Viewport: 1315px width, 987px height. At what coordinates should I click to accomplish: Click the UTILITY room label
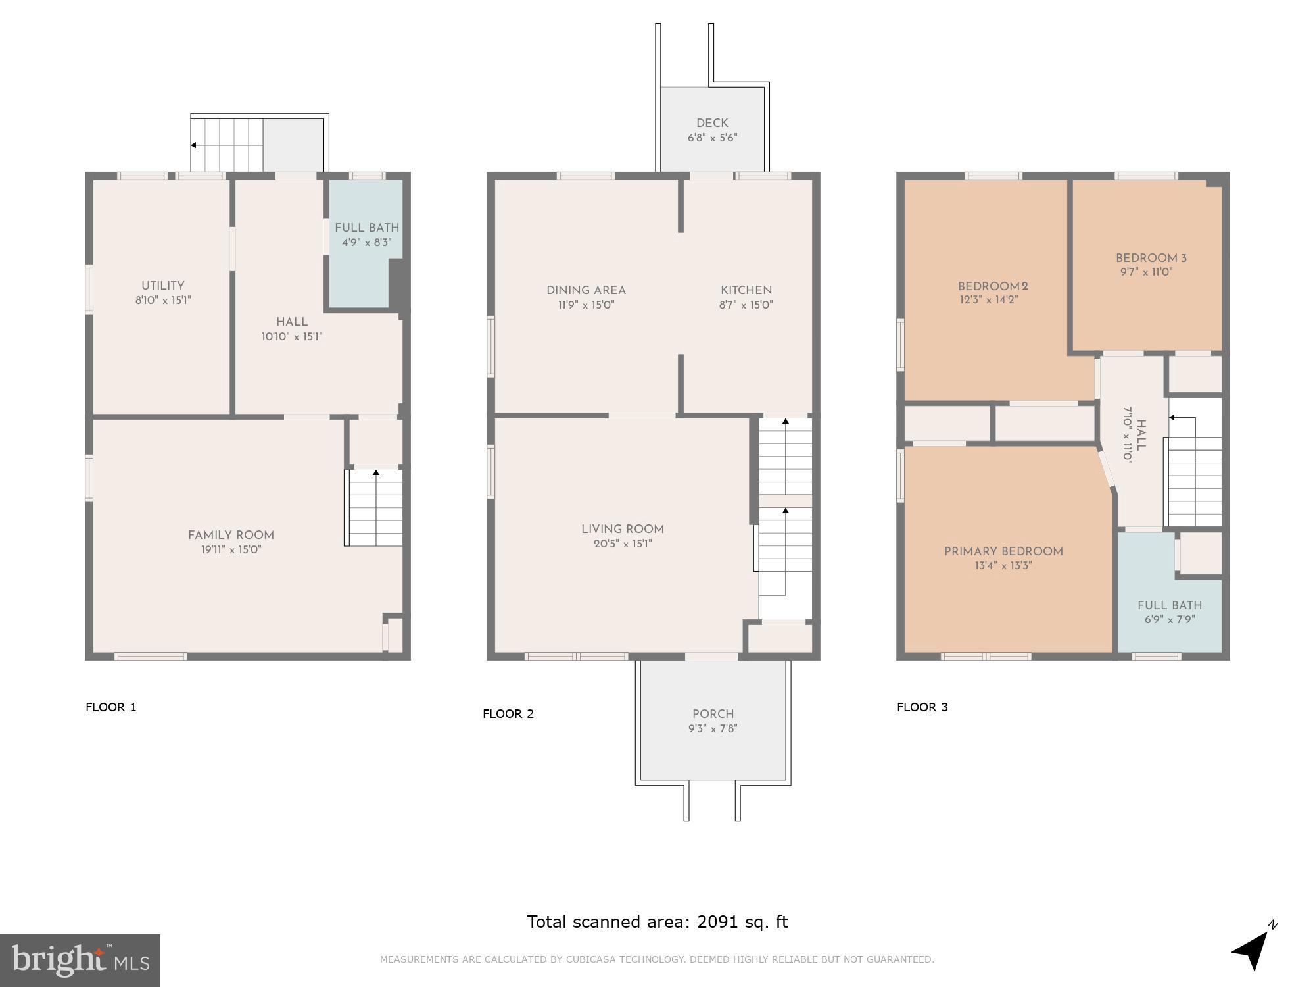tap(162, 286)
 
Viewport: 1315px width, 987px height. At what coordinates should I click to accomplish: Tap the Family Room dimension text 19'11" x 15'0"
tap(231, 549)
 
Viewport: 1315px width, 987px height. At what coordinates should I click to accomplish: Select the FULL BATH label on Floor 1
tap(366, 228)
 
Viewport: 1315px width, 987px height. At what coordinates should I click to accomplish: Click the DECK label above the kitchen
tap(712, 123)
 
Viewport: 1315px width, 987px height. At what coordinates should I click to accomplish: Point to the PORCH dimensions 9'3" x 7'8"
tap(713, 728)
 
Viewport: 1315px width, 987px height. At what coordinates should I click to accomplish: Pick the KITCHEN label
tap(746, 290)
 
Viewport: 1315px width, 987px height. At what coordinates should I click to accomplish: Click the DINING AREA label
tap(585, 290)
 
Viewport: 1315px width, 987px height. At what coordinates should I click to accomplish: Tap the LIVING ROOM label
tap(622, 529)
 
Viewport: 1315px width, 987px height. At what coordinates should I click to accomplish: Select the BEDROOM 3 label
tap(1151, 258)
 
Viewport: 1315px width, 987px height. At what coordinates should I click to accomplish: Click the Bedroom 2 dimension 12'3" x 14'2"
tap(992, 300)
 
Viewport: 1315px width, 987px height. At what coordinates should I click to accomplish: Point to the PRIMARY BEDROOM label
tap(1003, 551)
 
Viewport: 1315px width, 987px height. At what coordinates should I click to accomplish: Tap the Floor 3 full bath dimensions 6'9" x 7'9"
tap(1169, 619)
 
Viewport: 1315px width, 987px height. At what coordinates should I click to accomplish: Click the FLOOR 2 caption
tap(508, 714)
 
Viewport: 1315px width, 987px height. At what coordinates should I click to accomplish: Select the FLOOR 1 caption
tap(110, 707)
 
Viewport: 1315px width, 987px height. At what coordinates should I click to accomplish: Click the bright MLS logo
tap(80, 960)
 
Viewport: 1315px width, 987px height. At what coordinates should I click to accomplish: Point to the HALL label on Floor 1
tap(291, 322)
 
